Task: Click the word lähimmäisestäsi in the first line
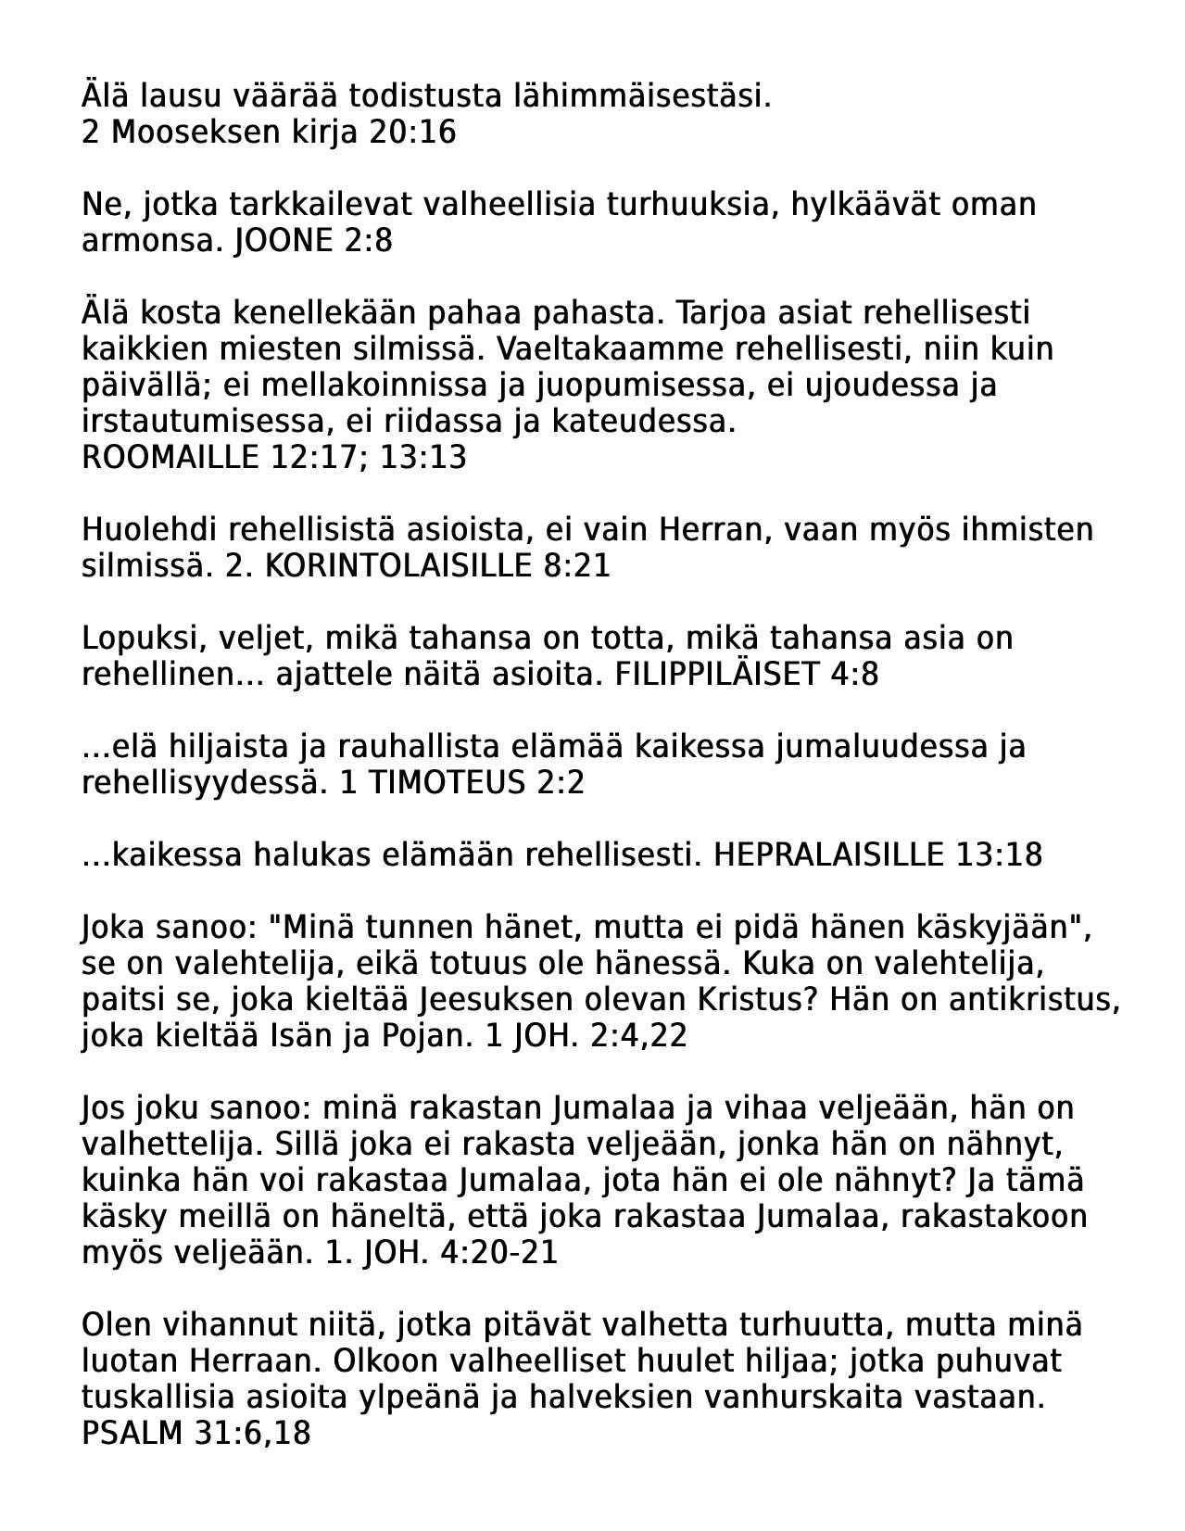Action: pos(657,95)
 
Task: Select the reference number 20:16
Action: pos(412,133)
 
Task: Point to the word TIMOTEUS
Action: pos(447,783)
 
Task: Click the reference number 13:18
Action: pos(998,854)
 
